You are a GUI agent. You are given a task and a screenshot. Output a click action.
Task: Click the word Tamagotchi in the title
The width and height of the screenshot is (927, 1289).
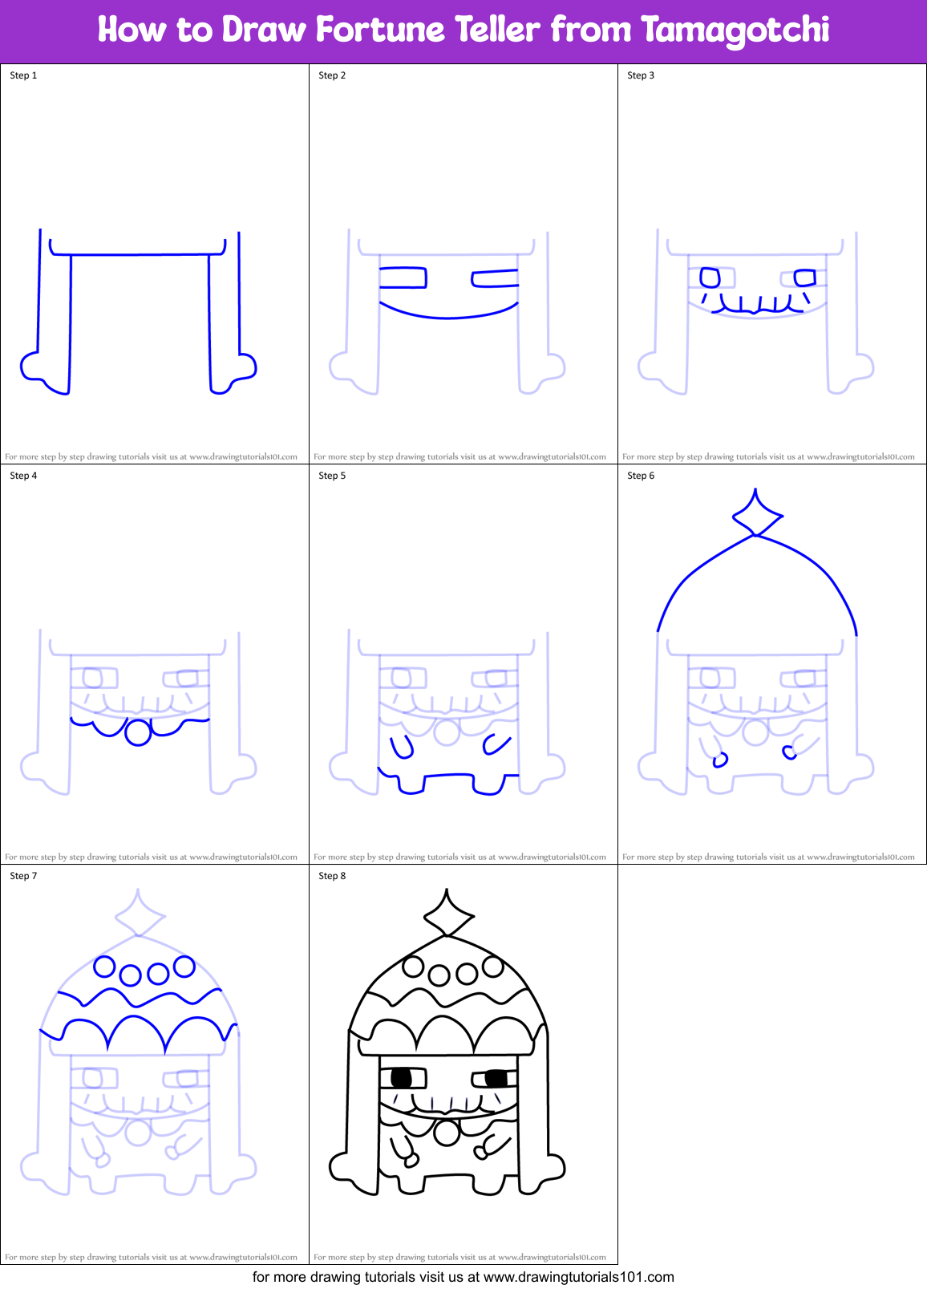735,30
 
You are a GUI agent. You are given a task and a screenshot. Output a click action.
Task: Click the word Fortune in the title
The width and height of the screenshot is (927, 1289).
380,30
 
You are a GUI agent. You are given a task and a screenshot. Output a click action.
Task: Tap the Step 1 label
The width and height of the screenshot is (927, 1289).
23,75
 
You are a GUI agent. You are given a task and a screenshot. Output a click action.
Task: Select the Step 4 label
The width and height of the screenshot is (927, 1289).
23,476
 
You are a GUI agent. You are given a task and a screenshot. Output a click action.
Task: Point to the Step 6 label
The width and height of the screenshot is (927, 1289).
641,476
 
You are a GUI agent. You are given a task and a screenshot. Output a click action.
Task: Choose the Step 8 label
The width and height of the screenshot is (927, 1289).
332,876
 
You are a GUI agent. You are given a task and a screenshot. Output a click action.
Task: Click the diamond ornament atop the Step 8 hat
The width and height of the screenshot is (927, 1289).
447,913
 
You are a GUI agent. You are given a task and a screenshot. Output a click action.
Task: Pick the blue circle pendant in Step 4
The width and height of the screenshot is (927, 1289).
138,733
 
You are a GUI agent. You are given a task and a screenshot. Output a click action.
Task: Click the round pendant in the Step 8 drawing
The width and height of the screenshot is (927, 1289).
447,1133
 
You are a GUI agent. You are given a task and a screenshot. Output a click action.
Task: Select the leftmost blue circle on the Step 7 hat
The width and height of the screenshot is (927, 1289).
104,967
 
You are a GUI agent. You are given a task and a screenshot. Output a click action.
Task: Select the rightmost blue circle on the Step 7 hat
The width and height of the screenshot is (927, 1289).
184,967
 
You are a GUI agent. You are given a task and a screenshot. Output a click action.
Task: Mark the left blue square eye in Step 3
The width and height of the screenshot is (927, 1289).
710,278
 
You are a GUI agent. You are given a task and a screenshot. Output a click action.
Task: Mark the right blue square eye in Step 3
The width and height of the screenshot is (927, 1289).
804,278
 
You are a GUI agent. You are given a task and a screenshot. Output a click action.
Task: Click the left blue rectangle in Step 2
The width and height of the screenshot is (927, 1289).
403,278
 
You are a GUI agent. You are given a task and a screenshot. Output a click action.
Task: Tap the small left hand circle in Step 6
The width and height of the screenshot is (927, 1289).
720,760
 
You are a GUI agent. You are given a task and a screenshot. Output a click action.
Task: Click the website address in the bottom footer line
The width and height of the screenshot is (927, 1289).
579,1277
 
